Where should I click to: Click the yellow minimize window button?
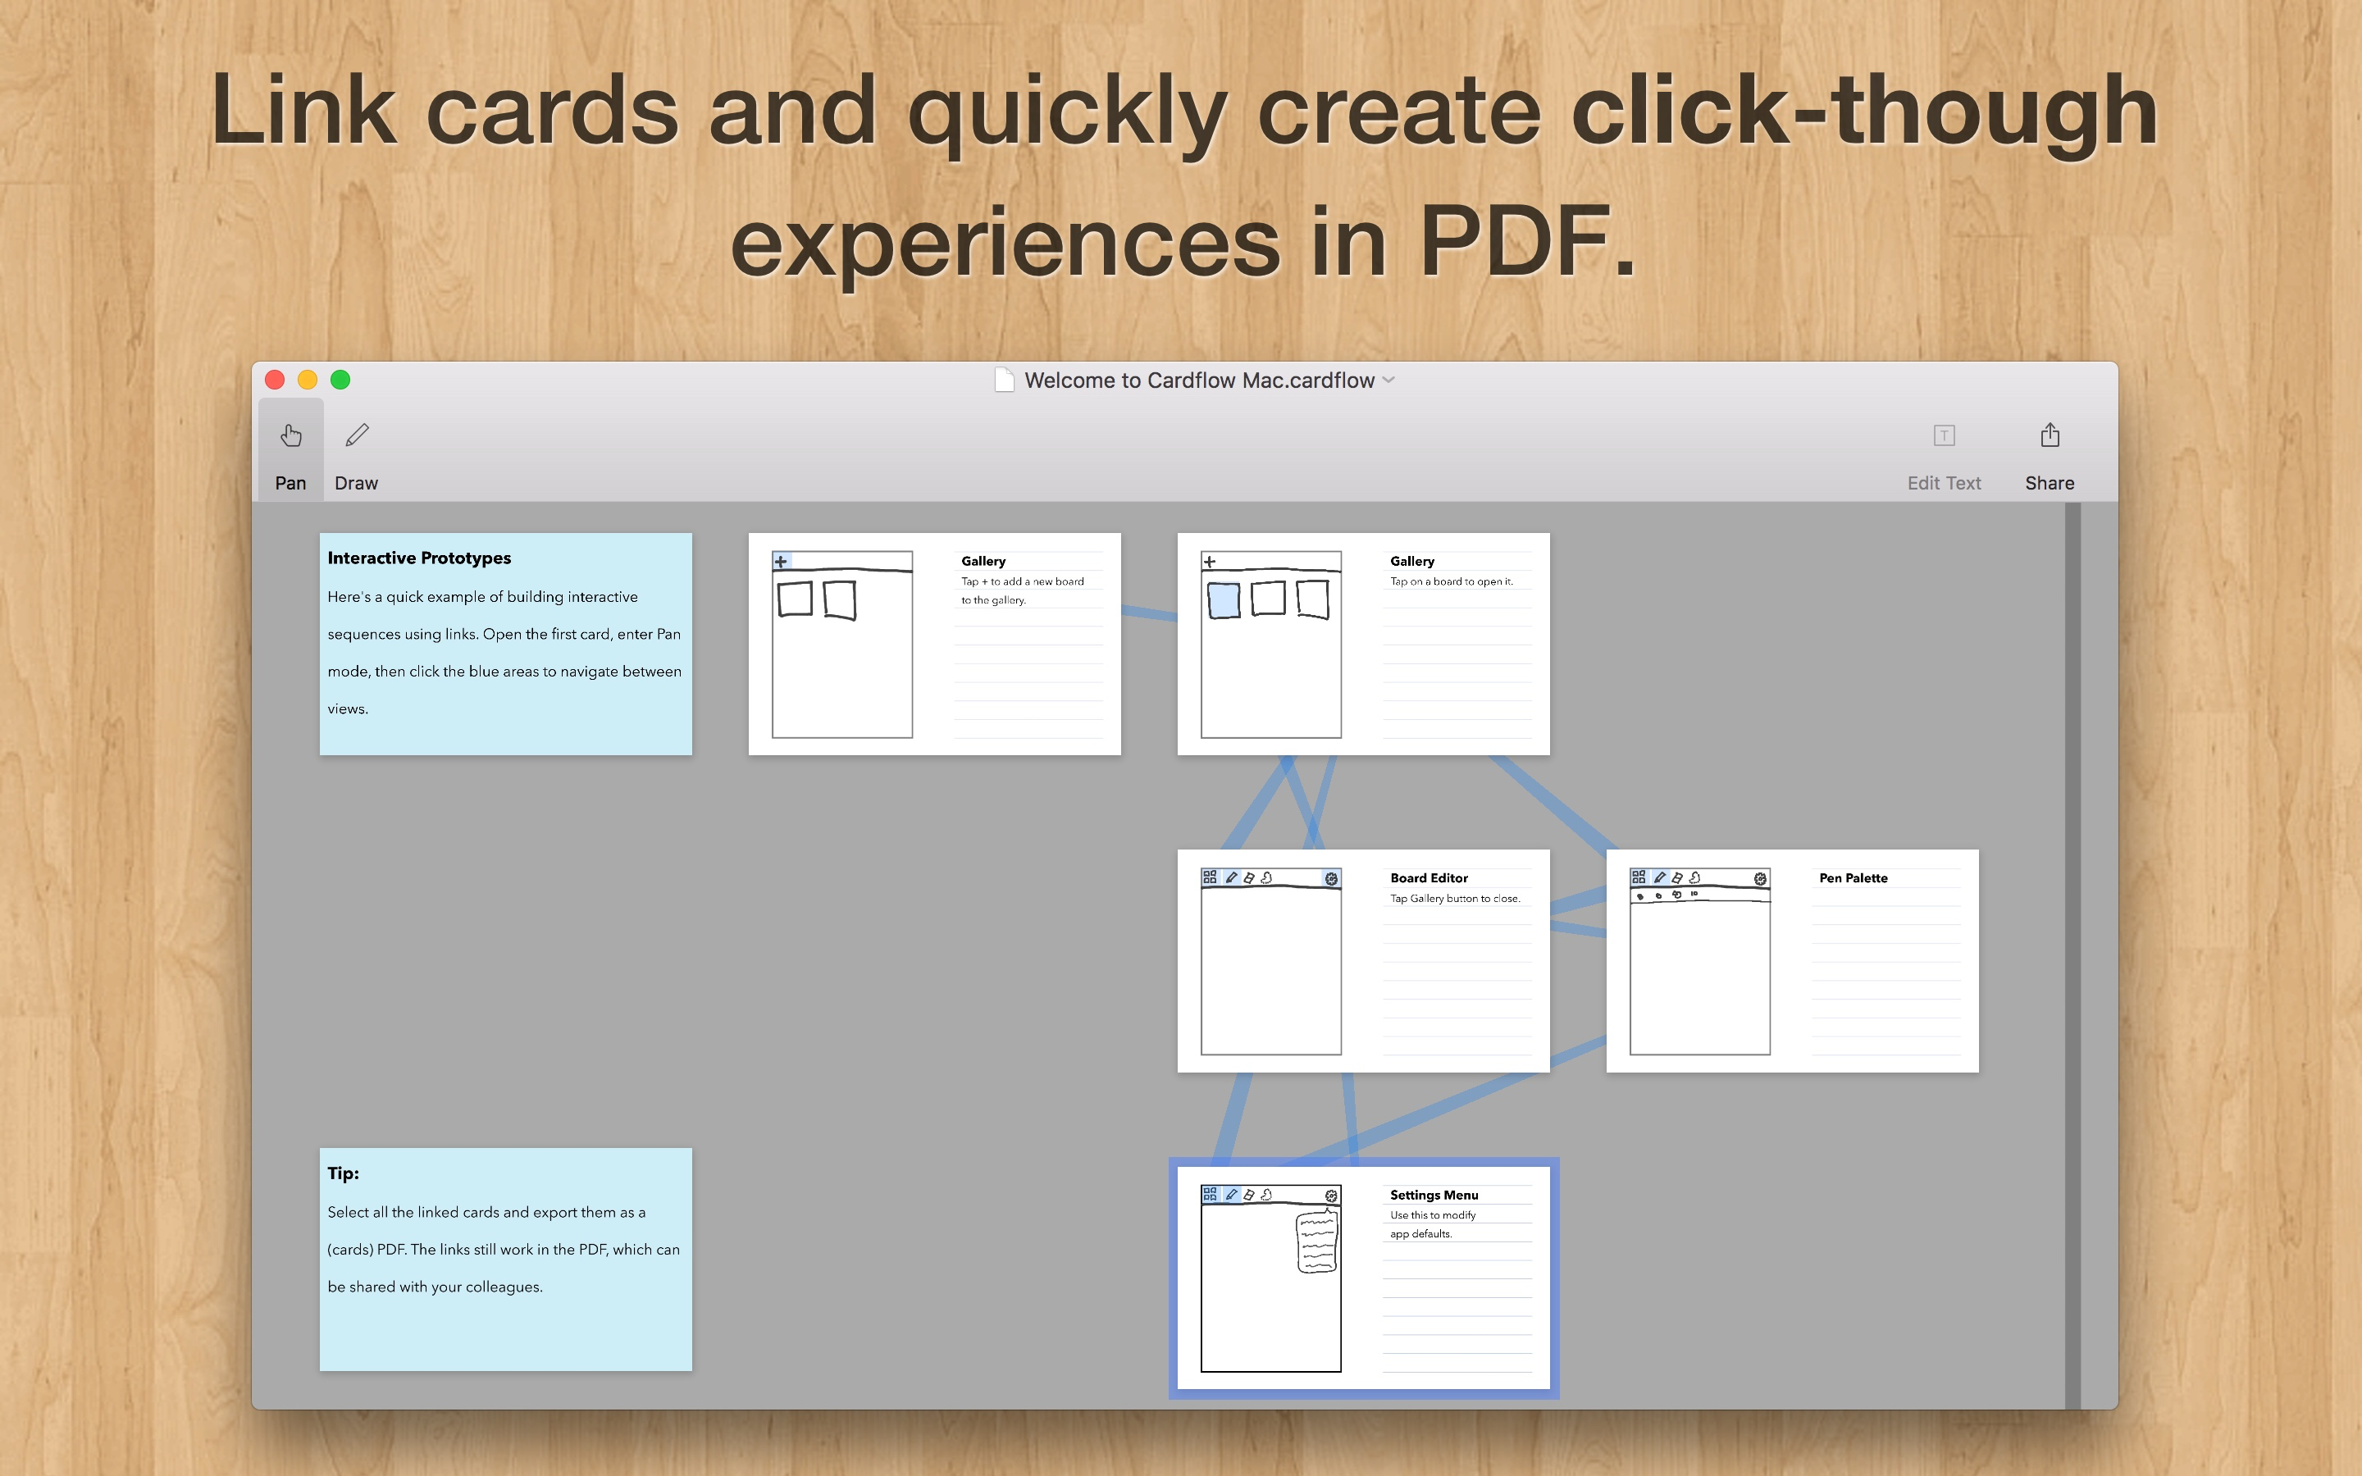pos(308,380)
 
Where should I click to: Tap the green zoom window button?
pos(340,380)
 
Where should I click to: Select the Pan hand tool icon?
pos(291,435)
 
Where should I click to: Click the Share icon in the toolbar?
pos(2050,435)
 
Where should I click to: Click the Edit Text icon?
pos(1945,435)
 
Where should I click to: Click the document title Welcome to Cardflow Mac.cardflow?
pos(1200,380)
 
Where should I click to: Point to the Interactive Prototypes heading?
pos(420,558)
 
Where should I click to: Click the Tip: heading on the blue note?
pos(344,1173)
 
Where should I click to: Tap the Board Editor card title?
pos(1429,878)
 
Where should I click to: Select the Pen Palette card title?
pos(1854,878)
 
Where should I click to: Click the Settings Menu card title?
pos(1434,1195)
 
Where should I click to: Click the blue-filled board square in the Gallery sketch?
pos(1224,600)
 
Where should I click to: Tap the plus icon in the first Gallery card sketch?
pos(781,562)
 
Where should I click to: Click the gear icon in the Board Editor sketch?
pos(1331,878)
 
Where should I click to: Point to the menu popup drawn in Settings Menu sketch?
pos(1316,1241)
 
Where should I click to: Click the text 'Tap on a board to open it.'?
pos(1452,582)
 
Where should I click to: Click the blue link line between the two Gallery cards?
pos(1150,613)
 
